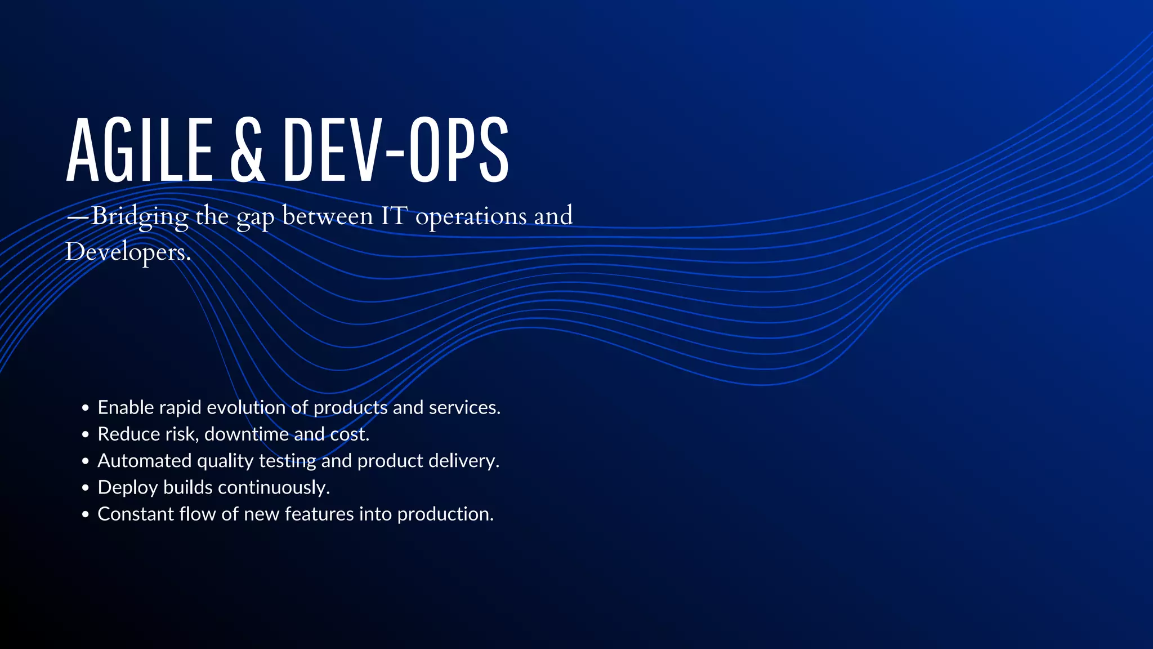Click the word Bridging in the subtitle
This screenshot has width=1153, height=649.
click(140, 216)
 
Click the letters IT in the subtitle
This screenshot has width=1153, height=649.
click(394, 216)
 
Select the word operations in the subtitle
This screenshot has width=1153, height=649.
click(470, 217)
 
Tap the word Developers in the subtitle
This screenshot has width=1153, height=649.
click(127, 252)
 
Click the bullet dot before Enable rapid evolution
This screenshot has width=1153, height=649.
click(85, 408)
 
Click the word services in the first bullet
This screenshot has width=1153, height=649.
click(464, 407)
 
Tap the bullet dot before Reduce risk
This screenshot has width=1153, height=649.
click(85, 434)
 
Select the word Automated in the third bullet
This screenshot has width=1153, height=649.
click(144, 461)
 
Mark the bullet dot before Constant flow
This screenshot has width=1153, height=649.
click(85, 514)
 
